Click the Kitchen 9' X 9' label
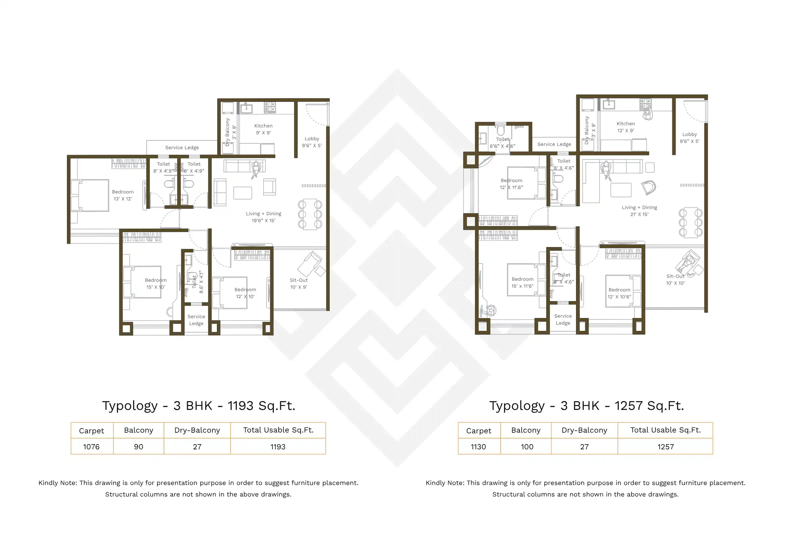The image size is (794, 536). [263, 129]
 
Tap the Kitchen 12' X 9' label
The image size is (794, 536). [625, 127]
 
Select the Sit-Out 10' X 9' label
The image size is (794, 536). [298, 283]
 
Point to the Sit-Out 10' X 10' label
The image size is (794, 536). [675, 279]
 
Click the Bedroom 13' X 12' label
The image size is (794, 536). [123, 195]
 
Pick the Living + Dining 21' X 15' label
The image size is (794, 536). [639, 211]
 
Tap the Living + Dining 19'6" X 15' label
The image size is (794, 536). [263, 217]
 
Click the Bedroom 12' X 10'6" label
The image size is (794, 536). [619, 293]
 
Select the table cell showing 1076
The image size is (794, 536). [92, 447]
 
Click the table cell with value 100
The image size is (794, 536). [526, 447]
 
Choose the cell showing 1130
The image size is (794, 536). [478, 447]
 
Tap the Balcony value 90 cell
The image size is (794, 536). [139, 447]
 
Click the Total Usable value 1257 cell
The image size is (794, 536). [665, 447]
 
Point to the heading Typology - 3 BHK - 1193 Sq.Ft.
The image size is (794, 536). [198, 405]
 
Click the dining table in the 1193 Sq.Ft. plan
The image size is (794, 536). [310, 214]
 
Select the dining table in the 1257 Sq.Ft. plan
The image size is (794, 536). [690, 222]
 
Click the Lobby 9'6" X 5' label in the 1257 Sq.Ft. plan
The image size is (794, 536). [689, 137]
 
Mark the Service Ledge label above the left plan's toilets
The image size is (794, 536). [182, 147]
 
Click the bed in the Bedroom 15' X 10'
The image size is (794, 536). [143, 282]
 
